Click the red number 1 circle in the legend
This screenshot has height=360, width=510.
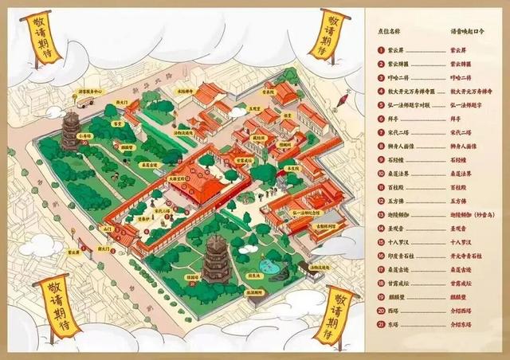click(382, 49)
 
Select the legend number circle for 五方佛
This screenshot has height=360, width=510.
click(382, 202)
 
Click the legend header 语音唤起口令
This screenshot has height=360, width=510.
click(462, 33)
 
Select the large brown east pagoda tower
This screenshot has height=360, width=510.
click(216, 259)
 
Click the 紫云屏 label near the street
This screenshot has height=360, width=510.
click(73, 252)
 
